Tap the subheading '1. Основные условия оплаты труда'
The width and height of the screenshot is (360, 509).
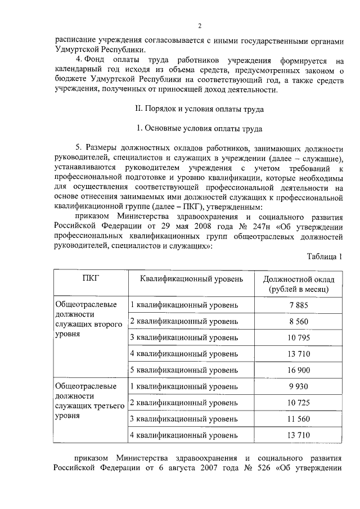pyautogui.click(x=200, y=128)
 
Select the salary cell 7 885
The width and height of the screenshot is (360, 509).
pyautogui.click(x=298, y=304)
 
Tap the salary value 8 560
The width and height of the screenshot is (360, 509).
pyautogui.click(x=298, y=321)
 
